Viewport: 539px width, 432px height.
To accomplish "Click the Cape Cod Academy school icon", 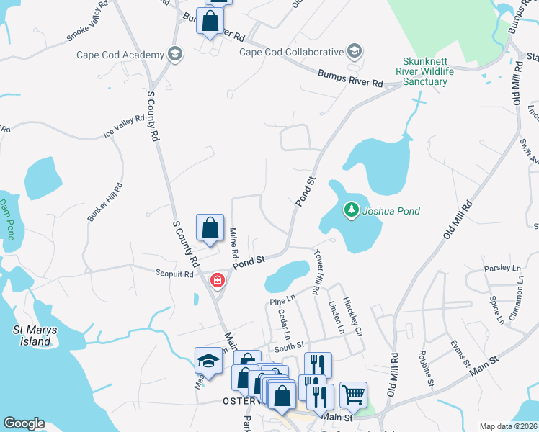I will pos(174,55).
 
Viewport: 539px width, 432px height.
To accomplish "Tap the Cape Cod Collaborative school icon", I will pos(354,52).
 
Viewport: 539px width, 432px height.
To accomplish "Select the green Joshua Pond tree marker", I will pos(352,210).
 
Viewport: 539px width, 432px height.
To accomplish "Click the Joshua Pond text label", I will pos(391,211).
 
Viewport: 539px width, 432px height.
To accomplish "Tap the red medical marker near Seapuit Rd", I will pos(215,279).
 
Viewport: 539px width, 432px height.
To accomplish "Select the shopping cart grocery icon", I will pos(353,395).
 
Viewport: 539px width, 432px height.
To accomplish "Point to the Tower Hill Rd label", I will pos(316,272).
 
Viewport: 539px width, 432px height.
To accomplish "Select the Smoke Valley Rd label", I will pos(87,28).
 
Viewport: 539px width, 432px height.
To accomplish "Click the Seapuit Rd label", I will pos(174,274).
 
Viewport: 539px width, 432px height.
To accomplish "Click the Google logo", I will pos(24,423).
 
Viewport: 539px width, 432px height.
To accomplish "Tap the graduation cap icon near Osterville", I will pos(208,360).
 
